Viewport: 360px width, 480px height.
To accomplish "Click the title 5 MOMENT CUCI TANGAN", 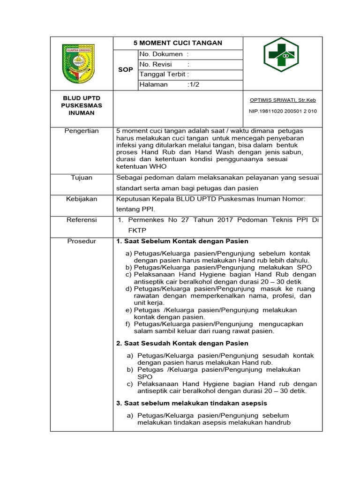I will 178,43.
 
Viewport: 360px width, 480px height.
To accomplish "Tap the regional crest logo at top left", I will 78,63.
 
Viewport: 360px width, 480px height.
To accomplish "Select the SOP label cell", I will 125,69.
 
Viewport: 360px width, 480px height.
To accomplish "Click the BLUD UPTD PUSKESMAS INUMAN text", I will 82,105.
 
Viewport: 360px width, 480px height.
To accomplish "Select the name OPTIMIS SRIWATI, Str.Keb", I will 283,100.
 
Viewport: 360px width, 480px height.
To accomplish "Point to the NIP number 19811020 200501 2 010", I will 283,111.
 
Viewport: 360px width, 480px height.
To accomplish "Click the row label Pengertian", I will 82,131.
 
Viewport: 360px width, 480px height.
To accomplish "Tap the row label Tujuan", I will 82,178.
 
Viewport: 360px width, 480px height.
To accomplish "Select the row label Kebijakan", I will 82,199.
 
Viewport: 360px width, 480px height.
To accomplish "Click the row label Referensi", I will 82,220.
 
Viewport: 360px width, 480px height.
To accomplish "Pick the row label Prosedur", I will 82,241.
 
